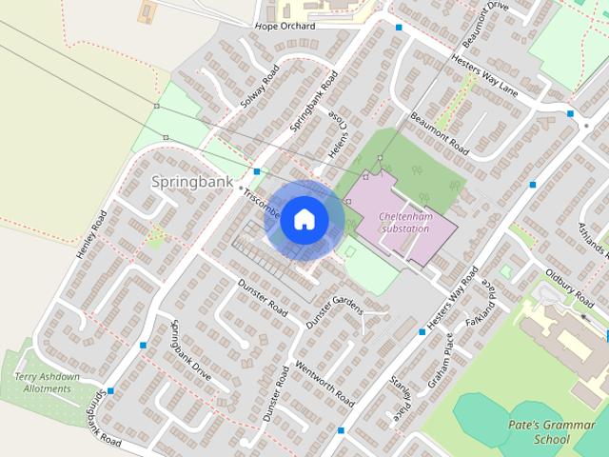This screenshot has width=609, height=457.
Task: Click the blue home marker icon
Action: (x=304, y=219)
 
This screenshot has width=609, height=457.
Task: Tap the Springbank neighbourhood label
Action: (x=191, y=181)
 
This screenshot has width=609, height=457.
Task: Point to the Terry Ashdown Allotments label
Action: (x=47, y=383)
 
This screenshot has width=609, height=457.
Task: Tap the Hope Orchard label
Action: (x=285, y=27)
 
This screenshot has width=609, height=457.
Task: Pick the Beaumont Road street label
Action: (x=440, y=135)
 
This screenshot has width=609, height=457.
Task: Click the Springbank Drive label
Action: (x=190, y=348)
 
